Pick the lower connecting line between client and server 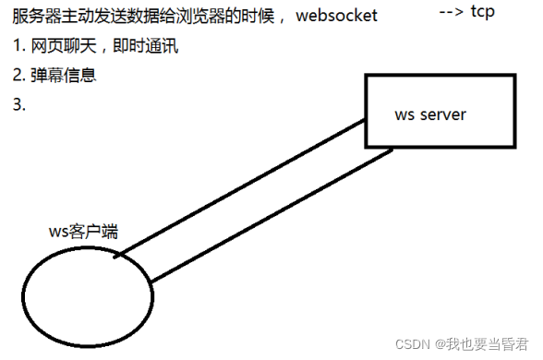(x=268, y=216)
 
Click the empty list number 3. (x=18, y=104)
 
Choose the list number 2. (x=18, y=76)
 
